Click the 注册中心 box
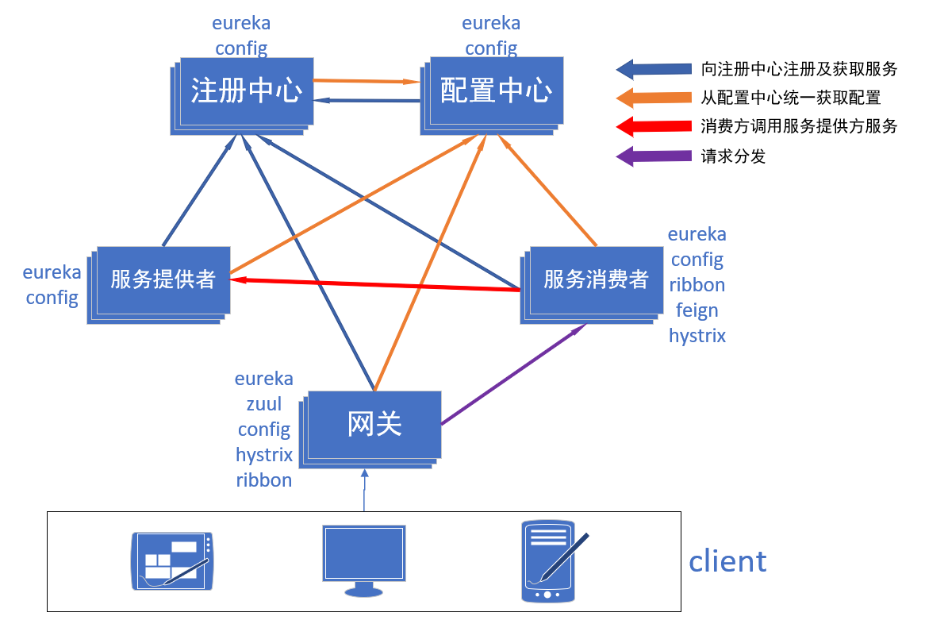pos(246,91)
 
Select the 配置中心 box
pos(496,91)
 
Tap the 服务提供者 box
pos(163,279)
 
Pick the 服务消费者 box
pos(596,279)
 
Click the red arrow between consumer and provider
pos(373,284)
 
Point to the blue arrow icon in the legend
pos(654,69)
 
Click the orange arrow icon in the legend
pos(654,98)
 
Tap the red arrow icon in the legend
pos(654,126)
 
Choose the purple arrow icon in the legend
pos(654,156)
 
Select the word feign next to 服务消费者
pos(697,310)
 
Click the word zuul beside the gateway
pos(264,404)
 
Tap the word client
pos(727,561)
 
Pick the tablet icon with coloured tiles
pos(172,561)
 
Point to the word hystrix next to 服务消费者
pos(697,336)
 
